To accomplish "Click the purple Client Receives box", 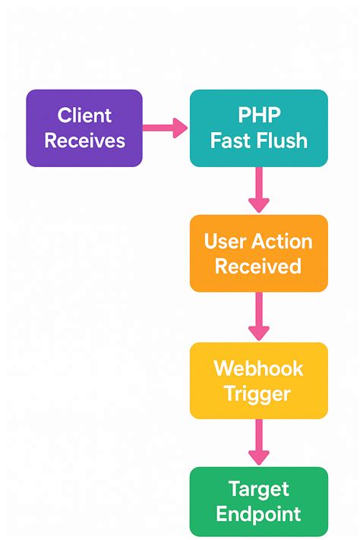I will [84, 128].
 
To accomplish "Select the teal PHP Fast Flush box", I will [258, 128].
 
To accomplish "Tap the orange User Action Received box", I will [258, 253].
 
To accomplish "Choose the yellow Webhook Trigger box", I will [258, 380].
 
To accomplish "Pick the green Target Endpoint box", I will [258, 501].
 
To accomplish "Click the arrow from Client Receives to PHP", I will [166, 128].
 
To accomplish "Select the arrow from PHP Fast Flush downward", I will [259, 190].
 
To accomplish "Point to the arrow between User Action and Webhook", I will [259, 317].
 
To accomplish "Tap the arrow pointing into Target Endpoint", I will [259, 443].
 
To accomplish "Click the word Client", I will [84, 115].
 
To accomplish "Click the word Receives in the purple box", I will [84, 141].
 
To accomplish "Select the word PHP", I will [259, 115].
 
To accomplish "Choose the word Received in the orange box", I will [258, 266].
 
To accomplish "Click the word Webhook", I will [258, 368].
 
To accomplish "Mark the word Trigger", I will [258, 393].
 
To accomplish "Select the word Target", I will [258, 489].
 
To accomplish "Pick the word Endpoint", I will [258, 514].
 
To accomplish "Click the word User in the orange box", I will [222, 242].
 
